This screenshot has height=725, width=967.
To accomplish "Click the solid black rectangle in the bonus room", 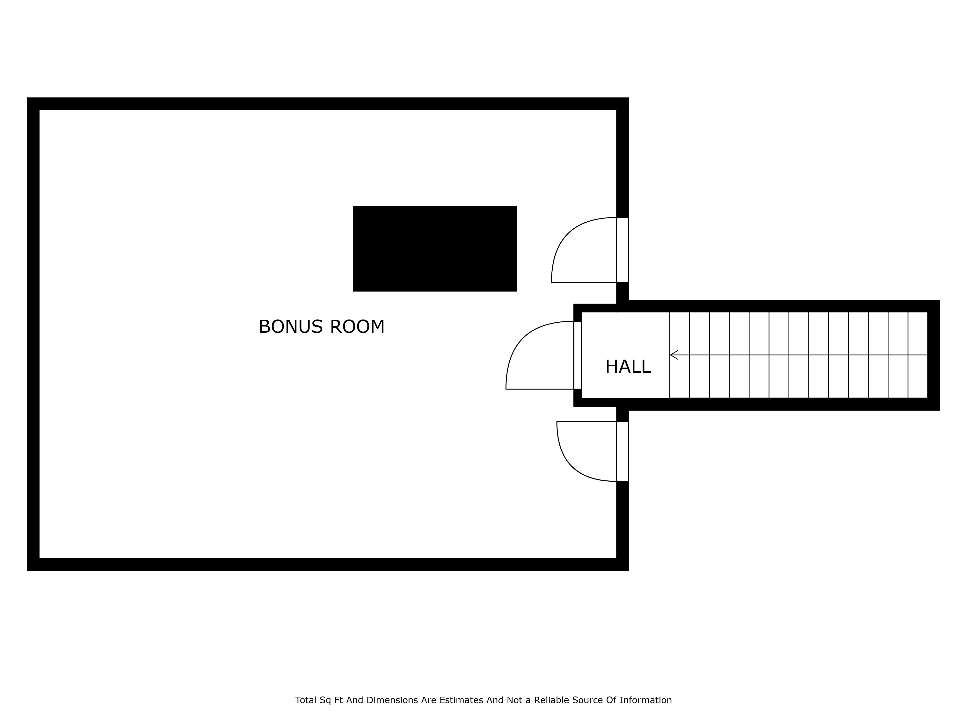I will point(435,249).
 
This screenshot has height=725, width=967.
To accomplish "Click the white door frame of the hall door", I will point(578,355).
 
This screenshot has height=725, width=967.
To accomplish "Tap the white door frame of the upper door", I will point(623,250).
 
